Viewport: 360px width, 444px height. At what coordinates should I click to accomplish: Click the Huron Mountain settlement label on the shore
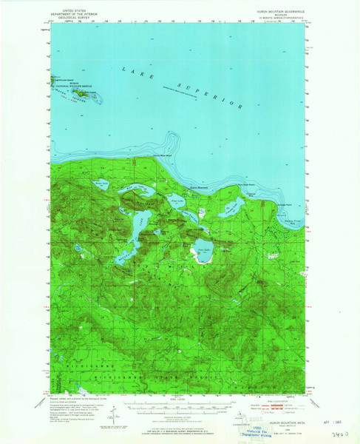[197, 187]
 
